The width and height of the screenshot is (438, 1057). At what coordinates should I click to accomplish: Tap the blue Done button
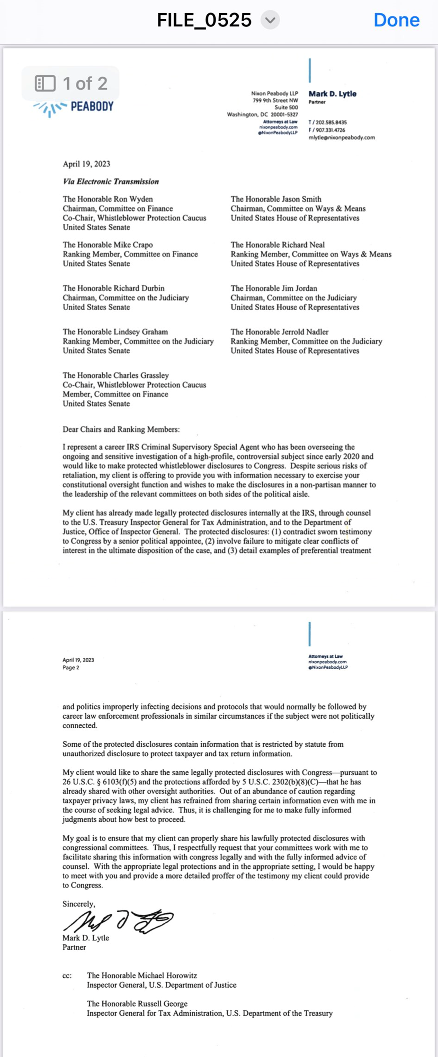396,20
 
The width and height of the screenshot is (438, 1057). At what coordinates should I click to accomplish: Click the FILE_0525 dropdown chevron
270,20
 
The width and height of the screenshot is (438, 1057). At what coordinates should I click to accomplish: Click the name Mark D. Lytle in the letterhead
332,94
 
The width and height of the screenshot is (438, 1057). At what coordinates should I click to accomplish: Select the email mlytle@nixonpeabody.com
342,137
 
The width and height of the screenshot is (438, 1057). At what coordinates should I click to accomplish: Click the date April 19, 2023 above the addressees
86,164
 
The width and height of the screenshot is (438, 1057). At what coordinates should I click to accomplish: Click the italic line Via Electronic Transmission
111,181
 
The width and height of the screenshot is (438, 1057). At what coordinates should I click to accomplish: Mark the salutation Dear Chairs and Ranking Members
121,429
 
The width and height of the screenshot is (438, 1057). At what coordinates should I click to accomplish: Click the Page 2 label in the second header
71,667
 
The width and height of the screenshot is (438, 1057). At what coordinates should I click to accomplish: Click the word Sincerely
78,904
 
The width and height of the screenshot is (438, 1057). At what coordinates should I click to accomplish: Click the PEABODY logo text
92,107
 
